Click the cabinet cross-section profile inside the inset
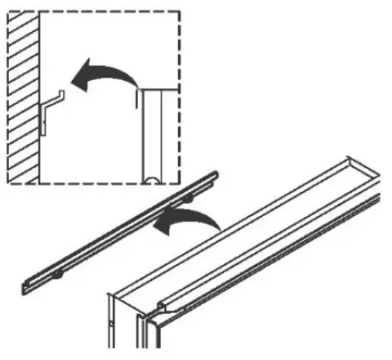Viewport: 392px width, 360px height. (156, 133)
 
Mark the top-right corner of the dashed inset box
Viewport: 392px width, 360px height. (180, 11)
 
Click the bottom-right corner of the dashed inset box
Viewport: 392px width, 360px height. (180, 185)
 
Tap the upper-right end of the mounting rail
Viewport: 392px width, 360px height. (217, 174)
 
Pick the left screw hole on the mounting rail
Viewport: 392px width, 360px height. (55, 276)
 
